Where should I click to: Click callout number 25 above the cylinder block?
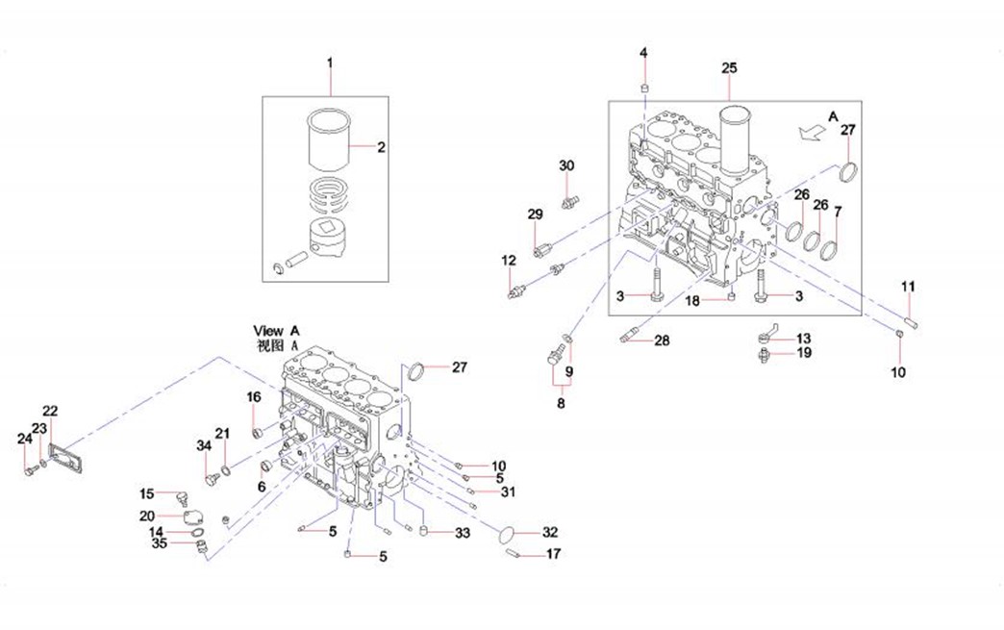pyautogui.click(x=729, y=68)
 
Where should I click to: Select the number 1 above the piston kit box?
pyautogui.click(x=330, y=63)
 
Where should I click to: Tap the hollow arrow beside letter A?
pyautogui.click(x=813, y=133)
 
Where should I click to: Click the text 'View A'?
pyautogui.click(x=276, y=331)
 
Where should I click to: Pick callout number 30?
pyautogui.click(x=566, y=165)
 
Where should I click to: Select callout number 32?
pyautogui.click(x=550, y=532)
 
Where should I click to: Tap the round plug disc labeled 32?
pyautogui.click(x=509, y=536)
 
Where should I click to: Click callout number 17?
pyautogui.click(x=553, y=554)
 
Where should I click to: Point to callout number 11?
pyautogui.click(x=908, y=287)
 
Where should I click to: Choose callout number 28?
pyautogui.click(x=662, y=340)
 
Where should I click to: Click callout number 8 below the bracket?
pyautogui.click(x=561, y=403)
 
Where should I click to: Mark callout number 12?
pyautogui.click(x=509, y=261)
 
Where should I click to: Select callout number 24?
pyautogui.click(x=24, y=439)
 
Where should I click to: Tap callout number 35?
pyautogui.click(x=160, y=543)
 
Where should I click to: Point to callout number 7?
pyautogui.click(x=838, y=212)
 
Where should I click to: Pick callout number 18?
pyautogui.click(x=692, y=300)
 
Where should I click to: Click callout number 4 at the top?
pyautogui.click(x=643, y=53)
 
